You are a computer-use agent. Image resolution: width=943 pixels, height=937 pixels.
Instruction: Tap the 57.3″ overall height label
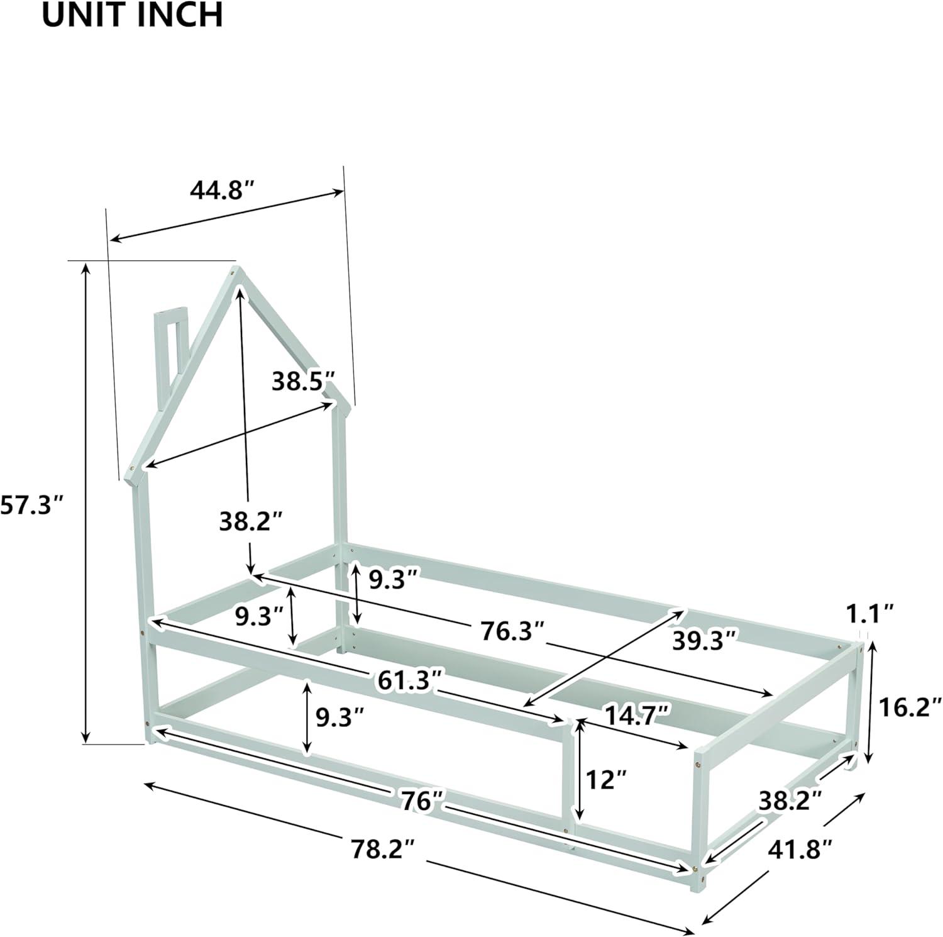(32, 504)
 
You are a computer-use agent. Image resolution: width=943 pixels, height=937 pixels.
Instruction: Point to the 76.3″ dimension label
(512, 631)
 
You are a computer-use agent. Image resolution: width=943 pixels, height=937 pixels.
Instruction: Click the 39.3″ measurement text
(704, 641)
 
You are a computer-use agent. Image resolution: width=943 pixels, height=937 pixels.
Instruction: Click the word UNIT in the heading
(80, 15)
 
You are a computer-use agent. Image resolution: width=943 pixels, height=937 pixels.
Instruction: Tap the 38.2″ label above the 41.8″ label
(790, 801)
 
